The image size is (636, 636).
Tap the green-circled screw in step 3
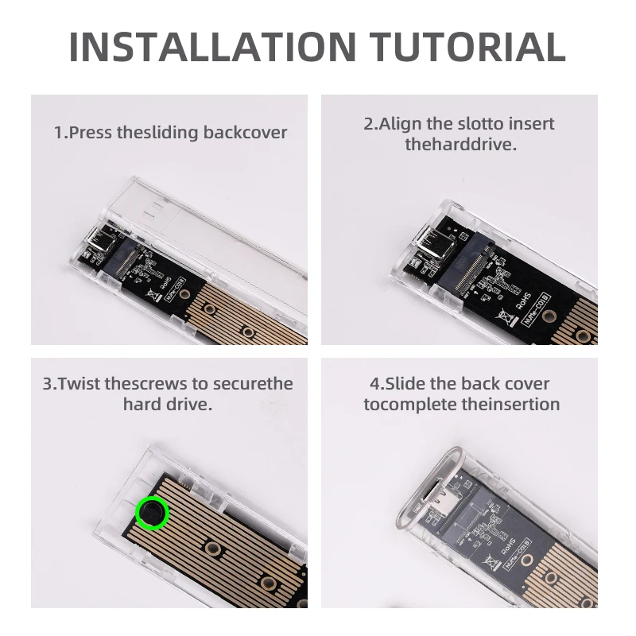(152, 513)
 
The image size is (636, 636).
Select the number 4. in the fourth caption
(376, 383)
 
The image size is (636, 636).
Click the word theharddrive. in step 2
(460, 145)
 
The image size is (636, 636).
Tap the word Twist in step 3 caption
(80, 383)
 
